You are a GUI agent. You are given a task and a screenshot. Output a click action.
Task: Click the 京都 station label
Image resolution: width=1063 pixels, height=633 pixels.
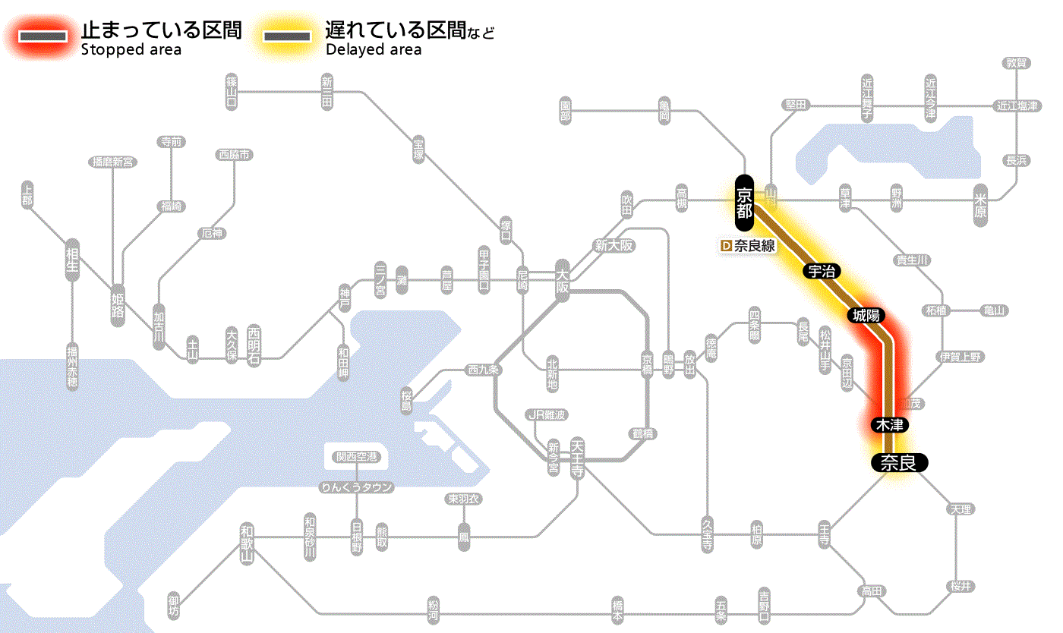tap(744, 203)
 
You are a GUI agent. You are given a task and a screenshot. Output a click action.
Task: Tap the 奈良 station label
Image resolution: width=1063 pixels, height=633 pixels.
tap(898, 462)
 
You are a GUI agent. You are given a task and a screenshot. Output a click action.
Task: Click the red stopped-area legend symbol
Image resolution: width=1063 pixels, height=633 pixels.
tap(43, 36)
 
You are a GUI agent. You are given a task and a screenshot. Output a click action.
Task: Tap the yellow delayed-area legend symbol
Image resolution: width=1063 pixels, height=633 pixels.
tap(286, 36)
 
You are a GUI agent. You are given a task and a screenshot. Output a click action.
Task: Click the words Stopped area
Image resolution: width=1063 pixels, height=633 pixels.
tap(131, 50)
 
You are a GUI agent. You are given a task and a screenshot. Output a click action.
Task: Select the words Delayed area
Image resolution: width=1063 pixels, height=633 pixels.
tap(373, 50)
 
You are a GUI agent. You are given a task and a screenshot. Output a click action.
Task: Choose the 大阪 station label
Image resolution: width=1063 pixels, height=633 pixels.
tap(563, 282)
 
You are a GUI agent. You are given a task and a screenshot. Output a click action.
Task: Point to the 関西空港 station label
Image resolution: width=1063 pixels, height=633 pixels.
tap(356, 457)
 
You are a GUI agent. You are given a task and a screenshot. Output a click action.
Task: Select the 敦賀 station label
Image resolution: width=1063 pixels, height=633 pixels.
tap(1017, 63)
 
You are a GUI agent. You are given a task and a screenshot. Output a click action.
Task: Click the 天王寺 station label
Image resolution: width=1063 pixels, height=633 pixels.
tap(577, 458)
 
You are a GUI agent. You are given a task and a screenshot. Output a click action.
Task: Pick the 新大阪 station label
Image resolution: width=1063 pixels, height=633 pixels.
tap(614, 246)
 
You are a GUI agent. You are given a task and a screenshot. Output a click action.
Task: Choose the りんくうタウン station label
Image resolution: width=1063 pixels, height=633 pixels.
tap(356, 487)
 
